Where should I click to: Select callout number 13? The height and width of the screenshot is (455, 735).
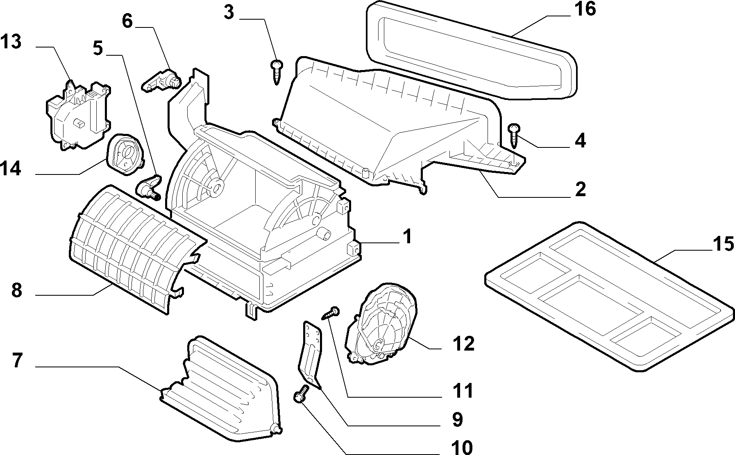(x=11, y=42)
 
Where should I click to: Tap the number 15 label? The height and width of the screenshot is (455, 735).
(x=723, y=244)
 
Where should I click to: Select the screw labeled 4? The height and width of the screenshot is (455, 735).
(x=514, y=136)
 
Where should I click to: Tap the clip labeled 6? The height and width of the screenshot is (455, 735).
(x=161, y=79)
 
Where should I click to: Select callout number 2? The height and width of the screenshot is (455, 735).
(x=580, y=190)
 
